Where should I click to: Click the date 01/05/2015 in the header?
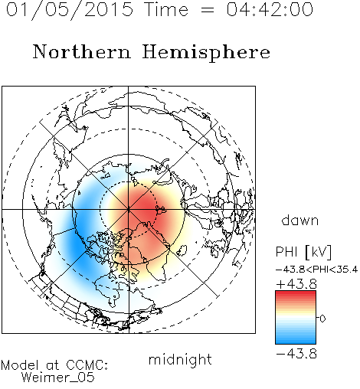point(70,10)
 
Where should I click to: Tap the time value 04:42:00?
point(270,9)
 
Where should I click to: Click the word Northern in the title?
point(82,51)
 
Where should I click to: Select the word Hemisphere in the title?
point(206,53)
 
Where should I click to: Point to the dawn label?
point(300,220)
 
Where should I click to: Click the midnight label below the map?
point(180,360)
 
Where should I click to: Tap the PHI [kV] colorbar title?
point(303,252)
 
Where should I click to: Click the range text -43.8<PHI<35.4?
point(316,270)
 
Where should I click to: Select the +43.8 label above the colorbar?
point(296,284)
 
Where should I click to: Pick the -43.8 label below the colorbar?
point(296,354)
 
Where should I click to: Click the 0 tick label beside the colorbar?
point(322,319)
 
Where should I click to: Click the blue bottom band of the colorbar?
point(296,339)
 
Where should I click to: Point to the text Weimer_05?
point(58,377)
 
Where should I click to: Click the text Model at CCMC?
point(54,365)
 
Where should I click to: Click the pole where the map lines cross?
point(129,210)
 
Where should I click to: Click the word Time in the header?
point(166,9)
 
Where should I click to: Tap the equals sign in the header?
point(208,10)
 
